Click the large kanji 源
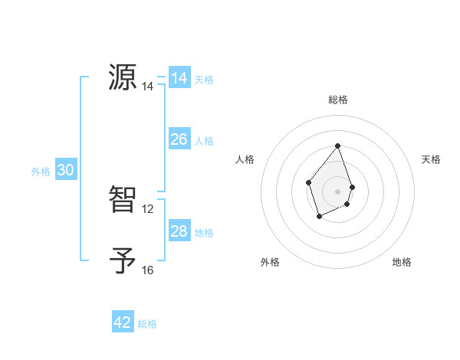coord(123,77)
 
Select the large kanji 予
coord(123,260)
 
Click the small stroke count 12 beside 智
coord(148,208)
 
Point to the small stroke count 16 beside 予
coord(148,270)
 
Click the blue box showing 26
coord(179,139)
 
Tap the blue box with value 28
coord(179,231)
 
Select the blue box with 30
coord(65,171)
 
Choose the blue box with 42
coord(123,322)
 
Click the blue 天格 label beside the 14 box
coord(204,80)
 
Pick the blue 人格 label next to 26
coord(204,141)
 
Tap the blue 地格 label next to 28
coord(204,233)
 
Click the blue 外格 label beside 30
coord(41,172)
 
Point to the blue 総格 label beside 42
coord(147,324)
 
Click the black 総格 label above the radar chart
coord(338,100)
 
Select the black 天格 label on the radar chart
coord(431,159)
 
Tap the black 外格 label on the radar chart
coord(270,262)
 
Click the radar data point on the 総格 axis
coord(338,146)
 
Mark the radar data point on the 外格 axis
coord(320,218)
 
